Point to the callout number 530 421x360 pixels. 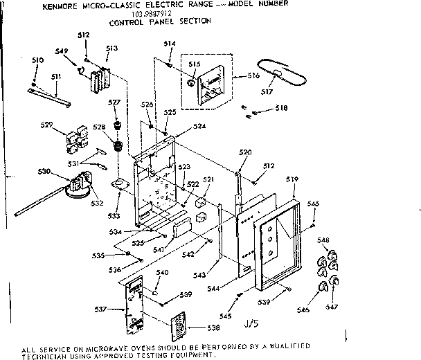44,171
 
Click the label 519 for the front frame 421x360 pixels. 292,179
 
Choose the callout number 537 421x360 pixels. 100,309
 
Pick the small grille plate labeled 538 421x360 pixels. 179,325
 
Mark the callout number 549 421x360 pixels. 61,51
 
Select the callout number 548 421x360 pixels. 323,240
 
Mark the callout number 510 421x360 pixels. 37,61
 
